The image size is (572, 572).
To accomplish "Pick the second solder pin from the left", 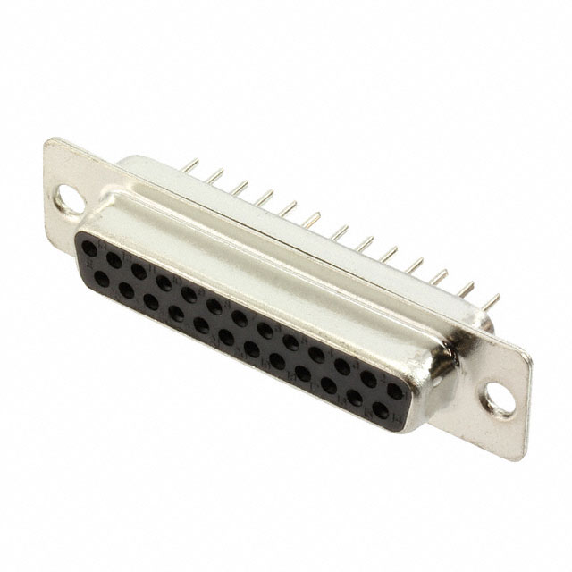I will [214, 176].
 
